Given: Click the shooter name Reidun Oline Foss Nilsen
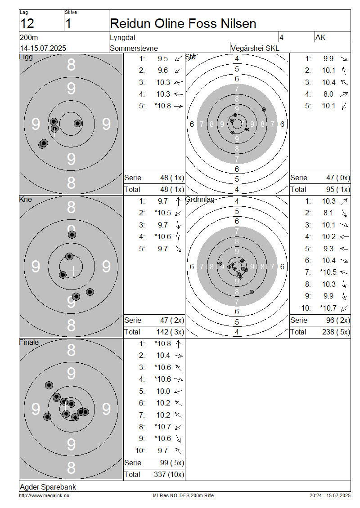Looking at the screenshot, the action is click(x=183, y=24).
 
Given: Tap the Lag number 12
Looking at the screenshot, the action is click(x=27, y=24).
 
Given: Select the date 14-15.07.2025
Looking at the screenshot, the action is click(x=43, y=48).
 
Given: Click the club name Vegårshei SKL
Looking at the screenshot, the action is click(x=255, y=48).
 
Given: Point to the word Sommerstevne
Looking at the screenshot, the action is click(x=134, y=48).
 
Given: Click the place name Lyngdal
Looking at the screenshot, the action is click(x=122, y=38).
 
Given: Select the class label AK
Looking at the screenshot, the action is click(x=320, y=38).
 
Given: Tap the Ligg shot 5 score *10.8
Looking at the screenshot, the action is click(x=162, y=106).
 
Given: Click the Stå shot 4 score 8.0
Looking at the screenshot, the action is click(x=328, y=94).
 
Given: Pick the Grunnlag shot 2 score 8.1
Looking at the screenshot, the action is click(x=328, y=213).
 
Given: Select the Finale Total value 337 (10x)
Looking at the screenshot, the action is click(x=169, y=475).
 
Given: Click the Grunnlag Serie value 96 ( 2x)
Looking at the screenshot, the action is click(x=338, y=321).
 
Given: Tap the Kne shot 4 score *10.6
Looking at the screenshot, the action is click(x=162, y=237).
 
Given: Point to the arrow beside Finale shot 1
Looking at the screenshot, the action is click(x=178, y=344).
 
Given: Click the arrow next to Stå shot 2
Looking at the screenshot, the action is click(x=344, y=70).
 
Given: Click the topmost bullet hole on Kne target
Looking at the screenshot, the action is click(x=72, y=235).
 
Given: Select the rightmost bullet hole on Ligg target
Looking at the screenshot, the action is click(x=78, y=123).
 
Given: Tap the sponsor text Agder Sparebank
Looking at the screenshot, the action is click(x=48, y=487).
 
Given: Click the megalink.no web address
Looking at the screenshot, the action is click(x=44, y=496).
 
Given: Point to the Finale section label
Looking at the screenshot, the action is click(x=29, y=343).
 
